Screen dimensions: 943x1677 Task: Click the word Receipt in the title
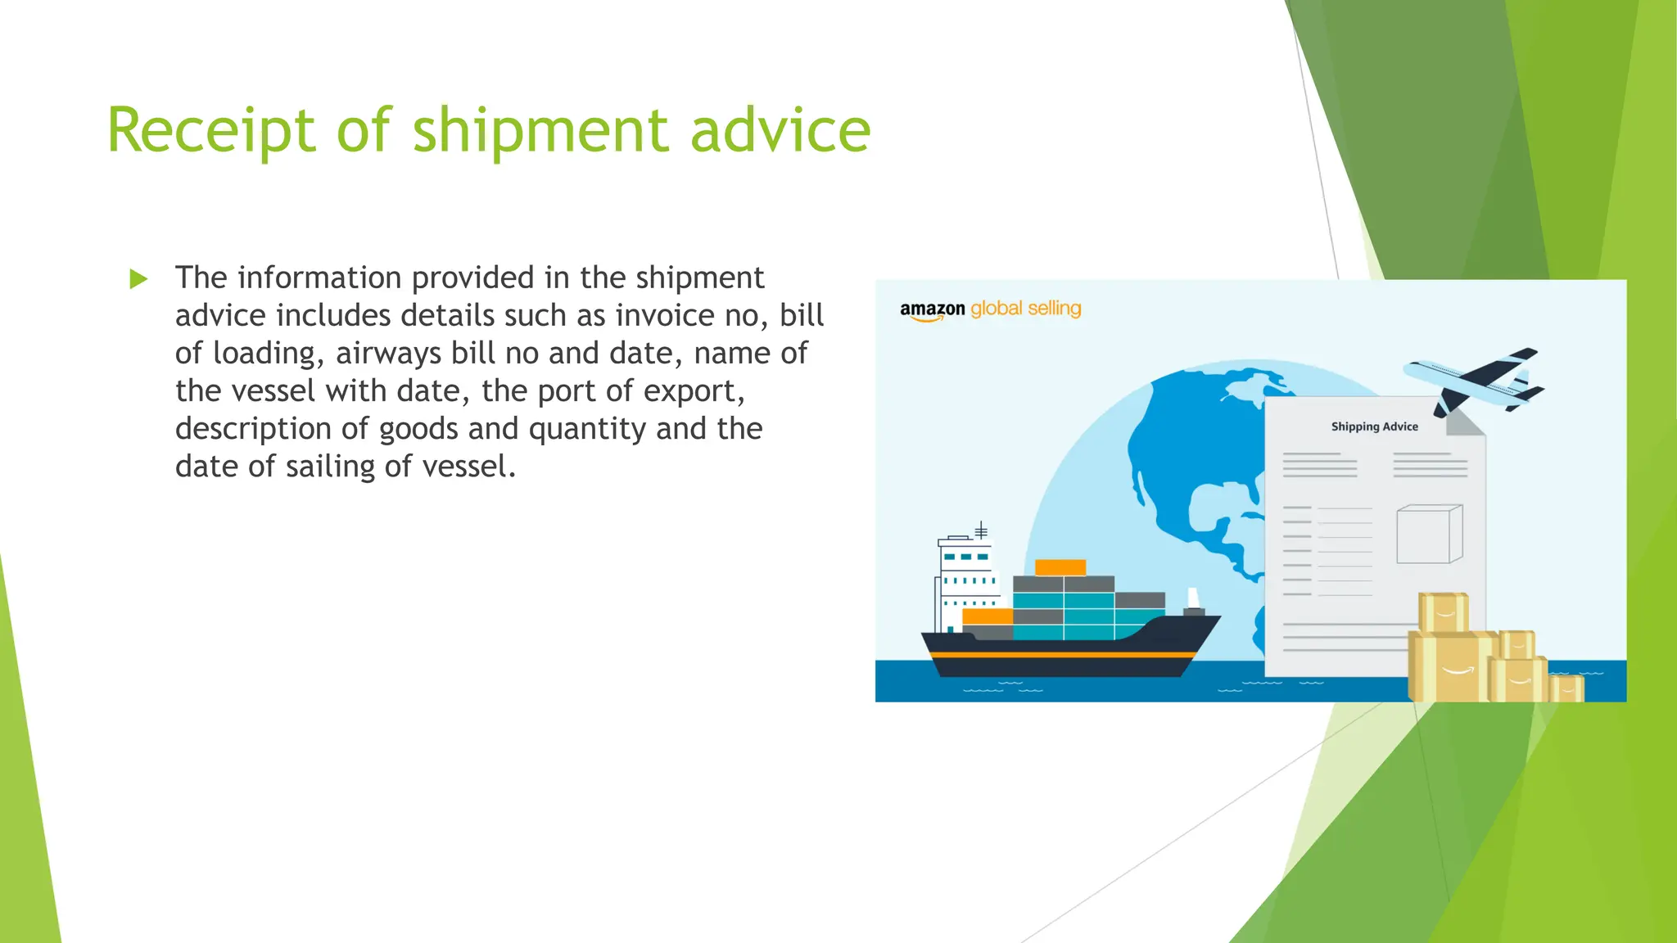pos(210,131)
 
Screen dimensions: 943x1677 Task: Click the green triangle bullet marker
pos(138,280)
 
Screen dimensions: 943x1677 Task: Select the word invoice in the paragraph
pos(665,315)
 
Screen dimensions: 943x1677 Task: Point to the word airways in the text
pos(389,353)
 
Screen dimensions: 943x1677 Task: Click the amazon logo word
pos(932,309)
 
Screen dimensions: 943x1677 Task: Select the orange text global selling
pos(1025,309)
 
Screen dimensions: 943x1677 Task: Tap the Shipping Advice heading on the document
pos(1374,426)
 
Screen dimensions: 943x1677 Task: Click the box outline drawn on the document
pos(1429,534)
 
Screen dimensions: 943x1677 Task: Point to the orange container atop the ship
pos(1060,567)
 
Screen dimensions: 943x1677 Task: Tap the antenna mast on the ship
pos(981,530)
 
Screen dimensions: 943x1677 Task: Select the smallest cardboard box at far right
pos(1566,688)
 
